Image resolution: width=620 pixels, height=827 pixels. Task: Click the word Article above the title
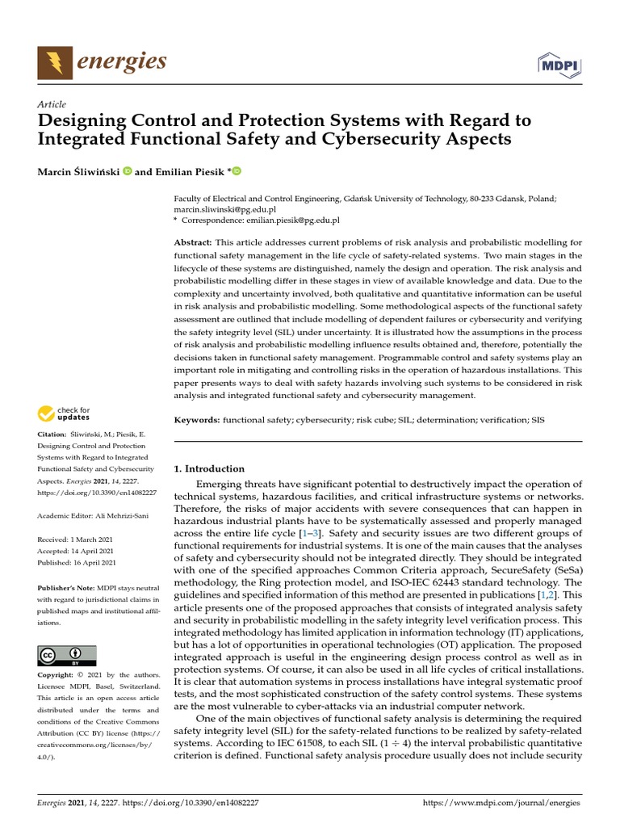(52, 104)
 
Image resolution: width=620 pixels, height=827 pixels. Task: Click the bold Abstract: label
(193, 243)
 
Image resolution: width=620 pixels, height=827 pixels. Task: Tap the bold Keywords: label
(197, 421)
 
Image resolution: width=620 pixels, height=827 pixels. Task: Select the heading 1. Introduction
(209, 468)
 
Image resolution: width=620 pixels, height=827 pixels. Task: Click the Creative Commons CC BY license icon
(67, 655)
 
